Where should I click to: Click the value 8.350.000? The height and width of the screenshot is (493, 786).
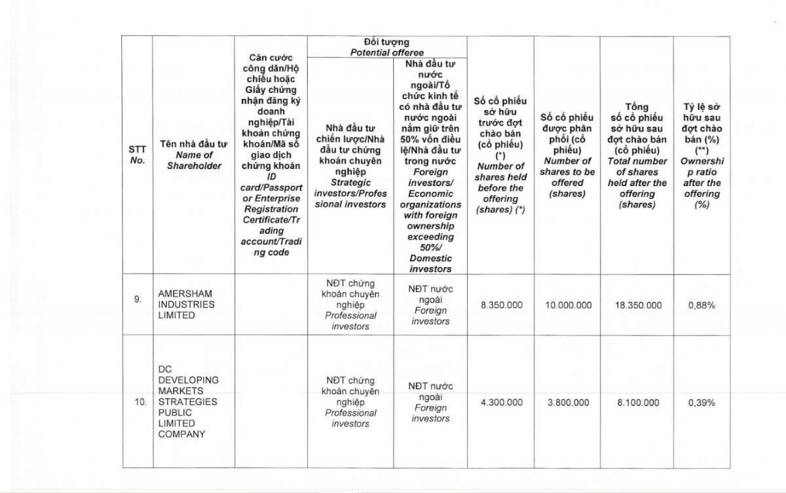[x=500, y=305]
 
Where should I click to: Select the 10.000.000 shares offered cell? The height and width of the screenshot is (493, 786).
[x=567, y=305]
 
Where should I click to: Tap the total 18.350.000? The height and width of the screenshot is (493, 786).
[x=637, y=305]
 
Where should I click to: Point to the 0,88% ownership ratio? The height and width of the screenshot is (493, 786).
[x=702, y=305]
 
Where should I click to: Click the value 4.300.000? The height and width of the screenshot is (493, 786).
[x=500, y=403]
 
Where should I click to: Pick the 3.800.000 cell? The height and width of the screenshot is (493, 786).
[x=567, y=403]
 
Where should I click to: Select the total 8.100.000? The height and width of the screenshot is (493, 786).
[x=637, y=403]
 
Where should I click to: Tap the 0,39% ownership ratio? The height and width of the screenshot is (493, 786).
[x=702, y=403]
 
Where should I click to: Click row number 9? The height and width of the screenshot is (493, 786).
[x=138, y=299]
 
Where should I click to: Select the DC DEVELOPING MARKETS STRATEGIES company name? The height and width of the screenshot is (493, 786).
[x=189, y=401]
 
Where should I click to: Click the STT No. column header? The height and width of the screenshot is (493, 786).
[x=138, y=155]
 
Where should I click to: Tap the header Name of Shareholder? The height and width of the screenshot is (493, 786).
[x=193, y=155]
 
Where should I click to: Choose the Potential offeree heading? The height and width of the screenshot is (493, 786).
[x=386, y=47]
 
